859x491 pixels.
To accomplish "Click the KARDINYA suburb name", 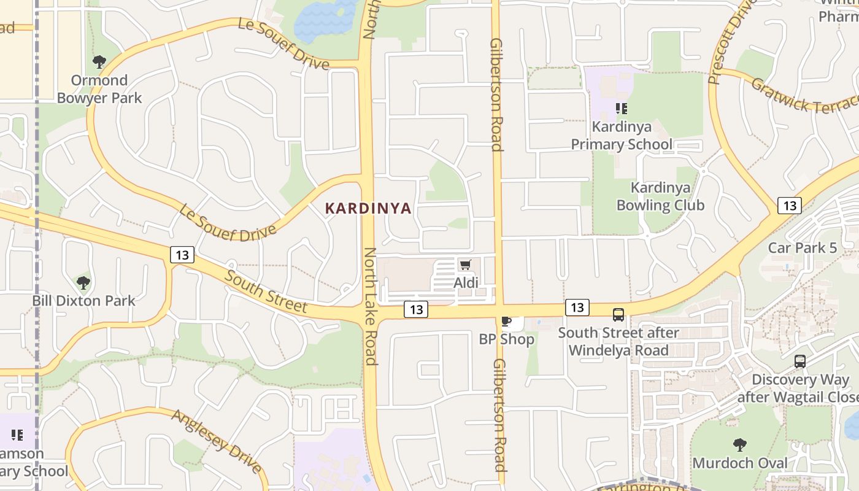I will [368, 209].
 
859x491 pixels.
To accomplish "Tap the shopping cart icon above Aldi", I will [465, 265].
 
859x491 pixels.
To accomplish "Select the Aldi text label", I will [466, 283].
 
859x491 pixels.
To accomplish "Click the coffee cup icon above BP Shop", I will [506, 321].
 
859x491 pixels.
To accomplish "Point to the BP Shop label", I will [506, 339].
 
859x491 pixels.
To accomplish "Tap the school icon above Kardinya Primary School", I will [621, 109].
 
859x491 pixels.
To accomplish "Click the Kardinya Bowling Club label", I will [660, 196].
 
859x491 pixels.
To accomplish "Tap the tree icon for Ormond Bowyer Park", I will [99, 62].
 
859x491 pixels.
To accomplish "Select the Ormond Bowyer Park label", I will [99, 89].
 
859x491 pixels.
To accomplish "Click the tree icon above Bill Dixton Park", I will [83, 283].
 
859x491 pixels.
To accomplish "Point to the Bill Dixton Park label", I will [83, 301].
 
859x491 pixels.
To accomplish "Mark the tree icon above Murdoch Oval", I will [740, 444].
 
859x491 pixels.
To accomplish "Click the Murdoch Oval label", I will [740, 463].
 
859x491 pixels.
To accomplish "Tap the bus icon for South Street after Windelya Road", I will [618, 315].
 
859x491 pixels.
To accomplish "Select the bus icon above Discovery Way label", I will [800, 361].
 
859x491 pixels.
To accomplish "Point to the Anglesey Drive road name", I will [217, 441].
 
